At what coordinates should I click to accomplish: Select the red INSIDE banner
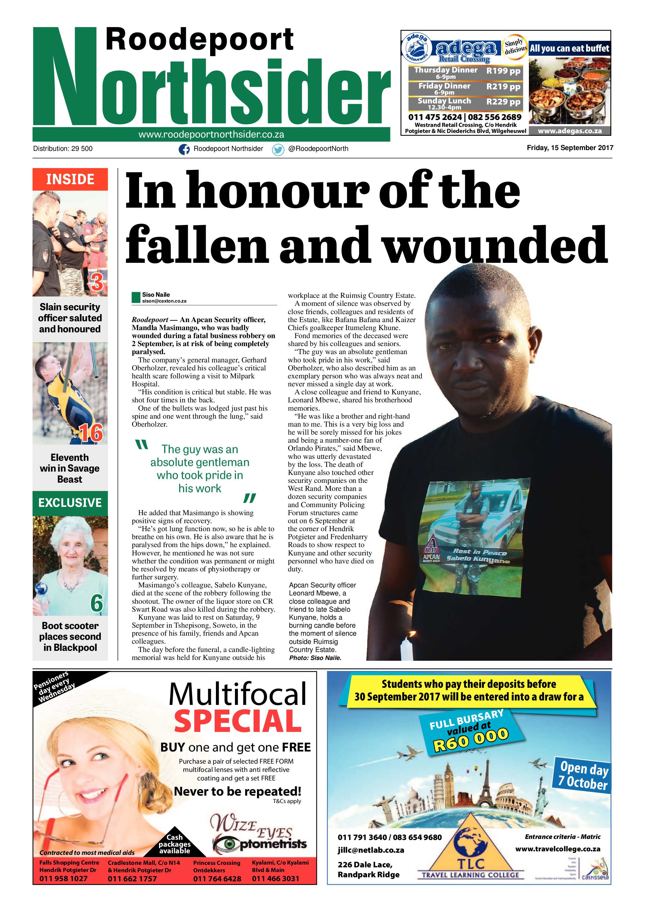[x=70, y=180]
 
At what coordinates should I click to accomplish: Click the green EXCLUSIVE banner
[x=70, y=502]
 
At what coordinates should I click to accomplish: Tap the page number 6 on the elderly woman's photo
[x=97, y=603]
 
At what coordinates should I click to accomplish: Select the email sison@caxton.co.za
[x=164, y=301]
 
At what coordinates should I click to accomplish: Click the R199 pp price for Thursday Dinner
[x=503, y=71]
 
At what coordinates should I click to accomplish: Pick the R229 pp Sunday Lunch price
[x=503, y=102]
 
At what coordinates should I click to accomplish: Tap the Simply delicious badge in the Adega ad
[x=515, y=47]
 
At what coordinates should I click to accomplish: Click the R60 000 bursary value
[x=471, y=741]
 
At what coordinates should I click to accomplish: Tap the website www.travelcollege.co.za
[x=558, y=849]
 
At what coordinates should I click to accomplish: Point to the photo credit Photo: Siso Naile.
[x=315, y=658]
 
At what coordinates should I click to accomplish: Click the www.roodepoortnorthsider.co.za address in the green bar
[x=211, y=135]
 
